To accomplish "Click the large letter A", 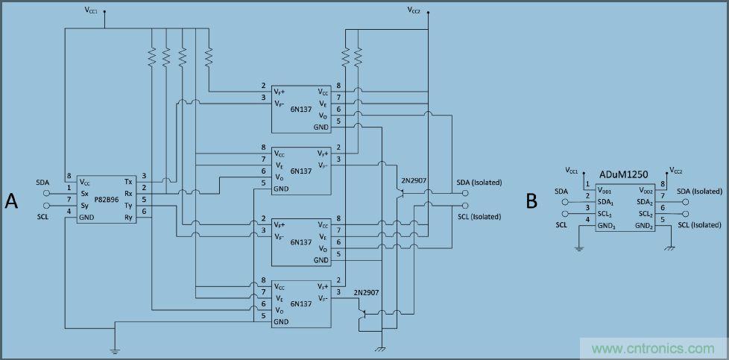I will (x=12, y=200).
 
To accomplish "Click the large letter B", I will (x=531, y=200).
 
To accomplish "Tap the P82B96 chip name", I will (x=106, y=200).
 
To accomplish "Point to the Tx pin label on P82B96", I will (x=128, y=182).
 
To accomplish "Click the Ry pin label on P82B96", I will (x=128, y=218).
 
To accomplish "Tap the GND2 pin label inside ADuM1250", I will (x=645, y=226).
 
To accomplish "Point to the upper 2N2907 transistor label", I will (x=414, y=181).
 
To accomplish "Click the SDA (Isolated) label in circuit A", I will (x=479, y=183).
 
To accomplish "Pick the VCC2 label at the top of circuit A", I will (x=414, y=10).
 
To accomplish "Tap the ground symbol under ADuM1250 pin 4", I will (x=579, y=248).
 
